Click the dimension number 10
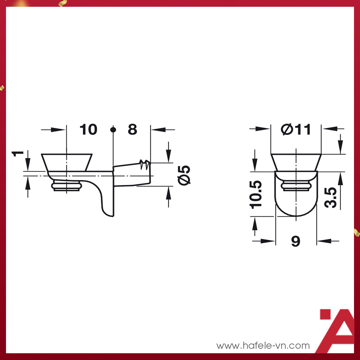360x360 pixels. (88, 130)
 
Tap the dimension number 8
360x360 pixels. (132, 130)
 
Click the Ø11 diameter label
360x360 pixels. (296, 130)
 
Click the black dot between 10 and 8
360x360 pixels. (113, 130)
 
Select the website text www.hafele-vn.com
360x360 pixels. (263, 345)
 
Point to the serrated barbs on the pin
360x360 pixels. (144, 164)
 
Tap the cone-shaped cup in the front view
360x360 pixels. (296, 162)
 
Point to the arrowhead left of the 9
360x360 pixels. (271, 241)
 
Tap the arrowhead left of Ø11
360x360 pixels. (265, 129)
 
